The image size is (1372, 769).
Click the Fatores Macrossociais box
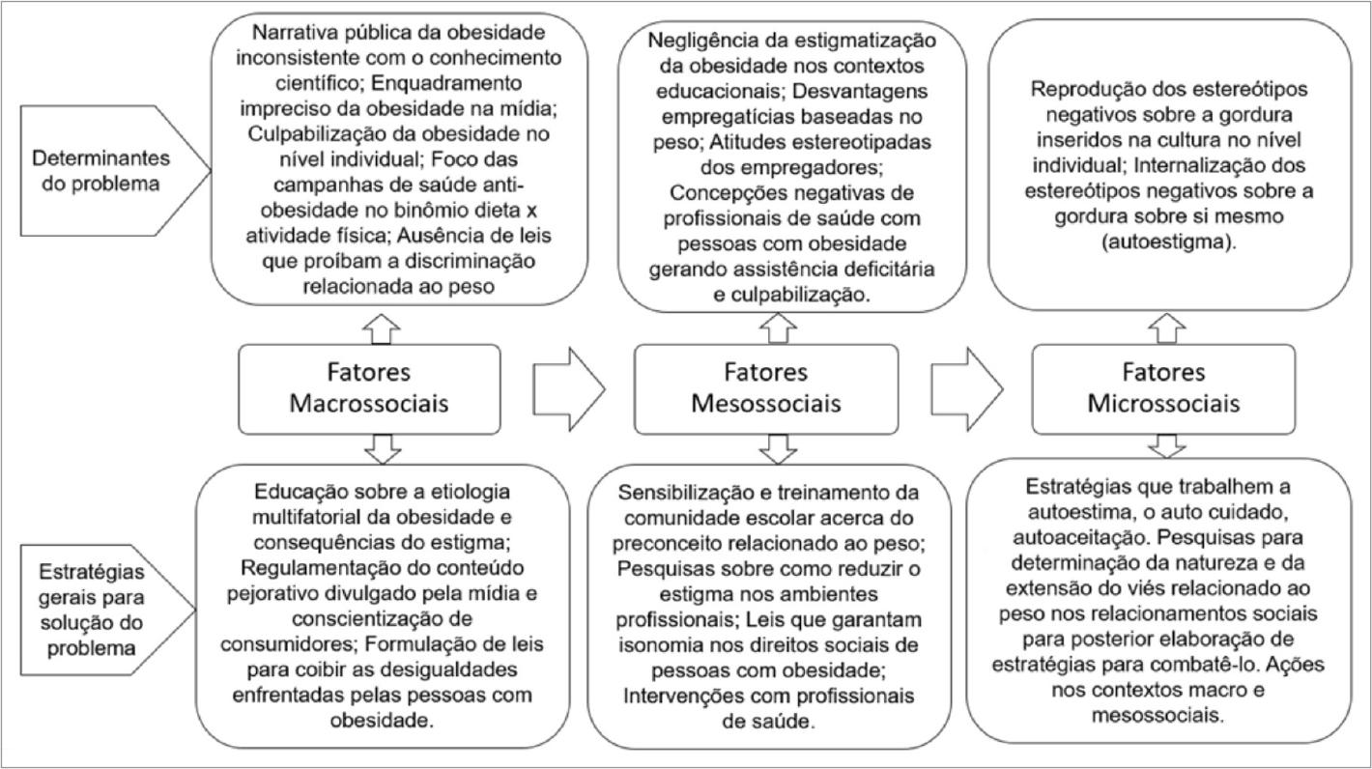369,387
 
